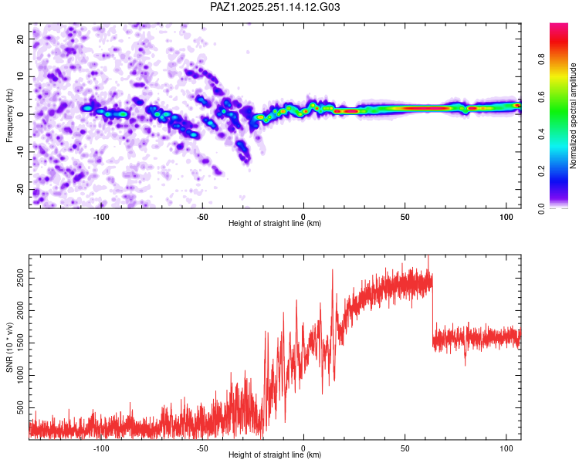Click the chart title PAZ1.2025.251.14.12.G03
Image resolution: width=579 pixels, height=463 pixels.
point(275,7)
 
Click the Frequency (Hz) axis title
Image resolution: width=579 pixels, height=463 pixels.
point(9,116)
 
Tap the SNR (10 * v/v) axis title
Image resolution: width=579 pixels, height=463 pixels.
point(9,347)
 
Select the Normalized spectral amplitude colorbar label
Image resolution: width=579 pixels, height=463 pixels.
point(573,116)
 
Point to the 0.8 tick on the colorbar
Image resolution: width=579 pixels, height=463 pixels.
point(541,59)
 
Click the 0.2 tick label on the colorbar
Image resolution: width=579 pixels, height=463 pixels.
point(541,171)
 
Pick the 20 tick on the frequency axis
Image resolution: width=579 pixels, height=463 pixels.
point(21,39)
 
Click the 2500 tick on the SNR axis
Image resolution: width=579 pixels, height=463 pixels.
point(21,278)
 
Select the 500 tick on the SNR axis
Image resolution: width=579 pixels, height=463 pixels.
point(21,408)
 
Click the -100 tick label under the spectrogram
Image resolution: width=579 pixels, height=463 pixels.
point(101,217)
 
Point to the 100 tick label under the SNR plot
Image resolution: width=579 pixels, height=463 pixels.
point(506,448)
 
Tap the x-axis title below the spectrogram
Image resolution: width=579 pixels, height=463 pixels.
point(275,223)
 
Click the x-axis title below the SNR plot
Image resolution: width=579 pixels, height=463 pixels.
point(275,455)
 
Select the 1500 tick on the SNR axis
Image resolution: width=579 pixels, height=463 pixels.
point(21,343)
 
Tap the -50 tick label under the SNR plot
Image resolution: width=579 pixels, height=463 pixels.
point(202,448)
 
